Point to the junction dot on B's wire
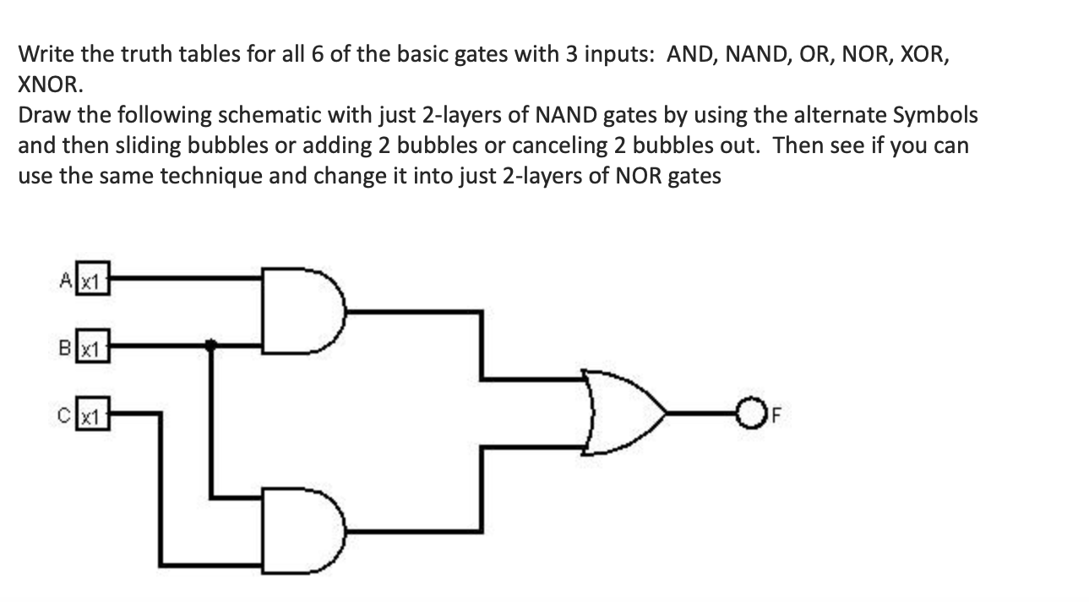(210, 344)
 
